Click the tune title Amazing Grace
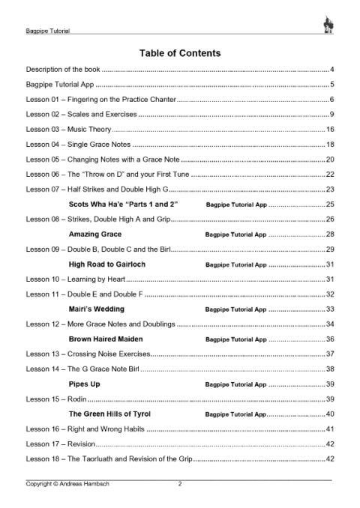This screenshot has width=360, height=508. [96, 234]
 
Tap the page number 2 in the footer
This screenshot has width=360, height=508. [180, 484]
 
